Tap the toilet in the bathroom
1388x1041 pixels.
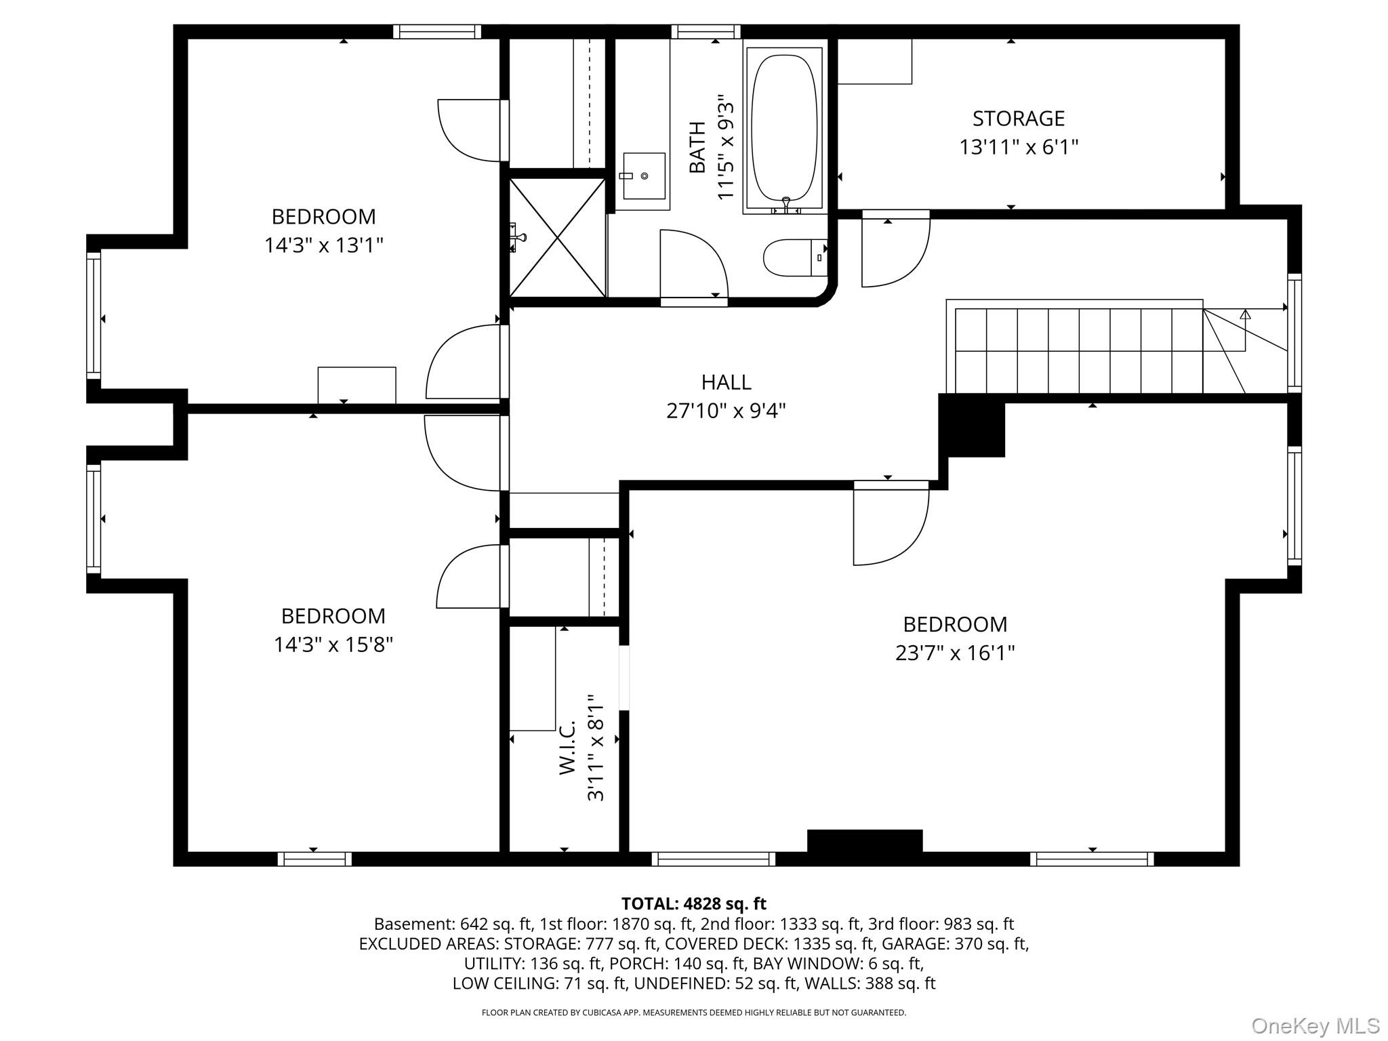tap(794, 258)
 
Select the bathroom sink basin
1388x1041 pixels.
tap(643, 176)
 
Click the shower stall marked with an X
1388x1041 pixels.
tap(557, 237)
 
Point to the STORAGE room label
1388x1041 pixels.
tap(1018, 119)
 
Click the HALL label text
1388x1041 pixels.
tap(726, 382)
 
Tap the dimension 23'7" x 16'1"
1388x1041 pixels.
tap(954, 653)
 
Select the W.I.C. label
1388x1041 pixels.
tap(567, 748)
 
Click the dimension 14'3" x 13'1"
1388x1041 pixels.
tap(323, 245)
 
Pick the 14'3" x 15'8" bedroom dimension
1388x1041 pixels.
tap(333, 644)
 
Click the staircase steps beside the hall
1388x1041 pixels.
tap(1078, 350)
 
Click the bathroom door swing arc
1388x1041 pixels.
tap(693, 264)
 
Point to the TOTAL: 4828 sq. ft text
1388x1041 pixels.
tap(693, 903)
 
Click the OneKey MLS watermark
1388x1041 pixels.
tap(1315, 1025)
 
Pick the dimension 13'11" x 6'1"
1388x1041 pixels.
tap(1018, 147)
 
